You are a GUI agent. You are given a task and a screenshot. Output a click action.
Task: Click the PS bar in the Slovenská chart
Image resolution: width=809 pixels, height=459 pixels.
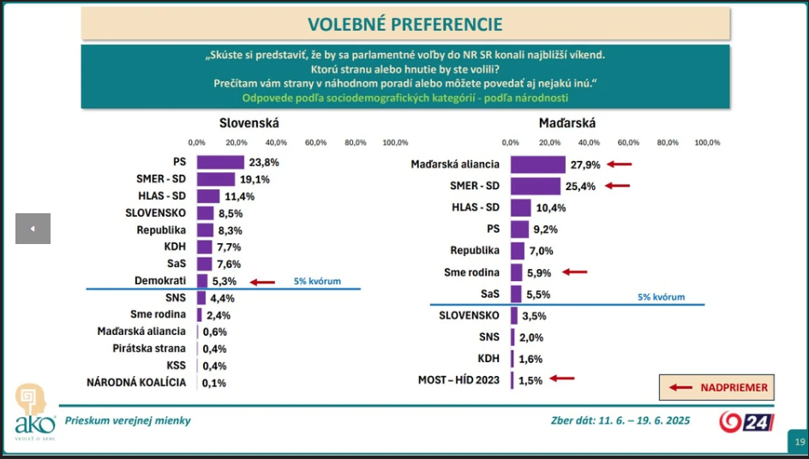[x=220, y=162]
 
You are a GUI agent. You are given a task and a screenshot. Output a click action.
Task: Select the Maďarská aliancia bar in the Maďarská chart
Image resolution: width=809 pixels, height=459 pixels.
[x=537, y=164]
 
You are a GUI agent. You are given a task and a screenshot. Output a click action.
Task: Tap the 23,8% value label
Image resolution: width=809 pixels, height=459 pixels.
[x=264, y=162]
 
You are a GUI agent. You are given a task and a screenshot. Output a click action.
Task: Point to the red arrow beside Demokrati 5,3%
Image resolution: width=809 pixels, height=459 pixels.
[x=262, y=281]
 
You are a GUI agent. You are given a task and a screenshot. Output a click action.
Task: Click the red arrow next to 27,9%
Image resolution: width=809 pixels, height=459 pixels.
[x=620, y=164]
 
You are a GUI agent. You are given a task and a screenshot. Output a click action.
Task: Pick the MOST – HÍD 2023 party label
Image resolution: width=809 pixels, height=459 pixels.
[x=458, y=379]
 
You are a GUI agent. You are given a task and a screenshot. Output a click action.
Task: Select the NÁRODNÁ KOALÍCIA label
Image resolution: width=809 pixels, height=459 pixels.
[x=137, y=383]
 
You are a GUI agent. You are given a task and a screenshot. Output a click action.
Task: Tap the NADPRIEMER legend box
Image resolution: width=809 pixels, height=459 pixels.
[x=716, y=387]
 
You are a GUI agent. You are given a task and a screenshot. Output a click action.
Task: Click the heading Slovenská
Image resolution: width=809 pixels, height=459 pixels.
[x=249, y=122]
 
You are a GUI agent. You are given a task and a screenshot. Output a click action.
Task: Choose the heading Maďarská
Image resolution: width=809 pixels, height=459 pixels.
[x=566, y=122]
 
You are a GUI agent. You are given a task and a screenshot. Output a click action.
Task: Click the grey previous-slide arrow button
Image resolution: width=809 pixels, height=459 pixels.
[x=33, y=229]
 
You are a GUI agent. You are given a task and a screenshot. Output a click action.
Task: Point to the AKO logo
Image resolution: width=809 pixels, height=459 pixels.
[x=34, y=410]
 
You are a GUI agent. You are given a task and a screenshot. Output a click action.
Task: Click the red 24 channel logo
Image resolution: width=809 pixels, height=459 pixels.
[x=746, y=421]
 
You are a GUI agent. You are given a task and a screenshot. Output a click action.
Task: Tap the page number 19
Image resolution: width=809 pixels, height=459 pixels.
[x=799, y=442]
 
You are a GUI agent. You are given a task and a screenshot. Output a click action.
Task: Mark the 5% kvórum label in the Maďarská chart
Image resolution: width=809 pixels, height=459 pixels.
[x=661, y=297]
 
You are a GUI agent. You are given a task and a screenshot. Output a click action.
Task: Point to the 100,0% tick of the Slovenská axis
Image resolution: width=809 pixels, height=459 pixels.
[x=395, y=142]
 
